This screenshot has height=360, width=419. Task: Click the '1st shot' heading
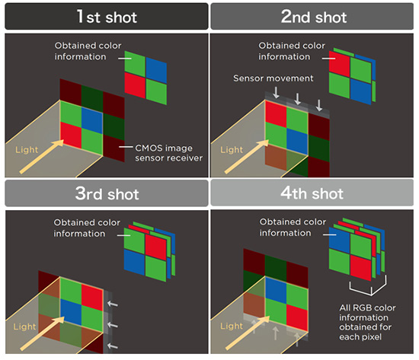tap(107, 17)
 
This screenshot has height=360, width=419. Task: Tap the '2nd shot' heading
tap(314, 17)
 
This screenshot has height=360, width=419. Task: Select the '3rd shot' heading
tap(107, 193)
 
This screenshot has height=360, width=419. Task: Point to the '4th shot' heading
tap(312, 193)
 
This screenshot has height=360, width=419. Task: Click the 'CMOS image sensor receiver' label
tap(168, 153)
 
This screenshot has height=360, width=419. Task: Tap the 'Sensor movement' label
tap(273, 78)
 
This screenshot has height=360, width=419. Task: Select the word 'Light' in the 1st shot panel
tap(27, 149)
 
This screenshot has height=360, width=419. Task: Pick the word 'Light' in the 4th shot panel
tap(232, 326)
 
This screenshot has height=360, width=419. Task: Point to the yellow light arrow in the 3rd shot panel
tap(42, 333)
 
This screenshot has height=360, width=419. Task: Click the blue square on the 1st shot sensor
tap(92, 120)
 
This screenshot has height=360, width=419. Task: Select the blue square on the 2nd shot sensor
tap(297, 142)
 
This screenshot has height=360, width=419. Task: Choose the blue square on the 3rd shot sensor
tap(71, 312)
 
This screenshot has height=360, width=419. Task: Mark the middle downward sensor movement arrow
tap(297, 99)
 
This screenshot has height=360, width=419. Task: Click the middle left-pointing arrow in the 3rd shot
tap(113, 325)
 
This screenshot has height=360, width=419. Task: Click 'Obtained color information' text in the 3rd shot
tap(87, 228)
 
